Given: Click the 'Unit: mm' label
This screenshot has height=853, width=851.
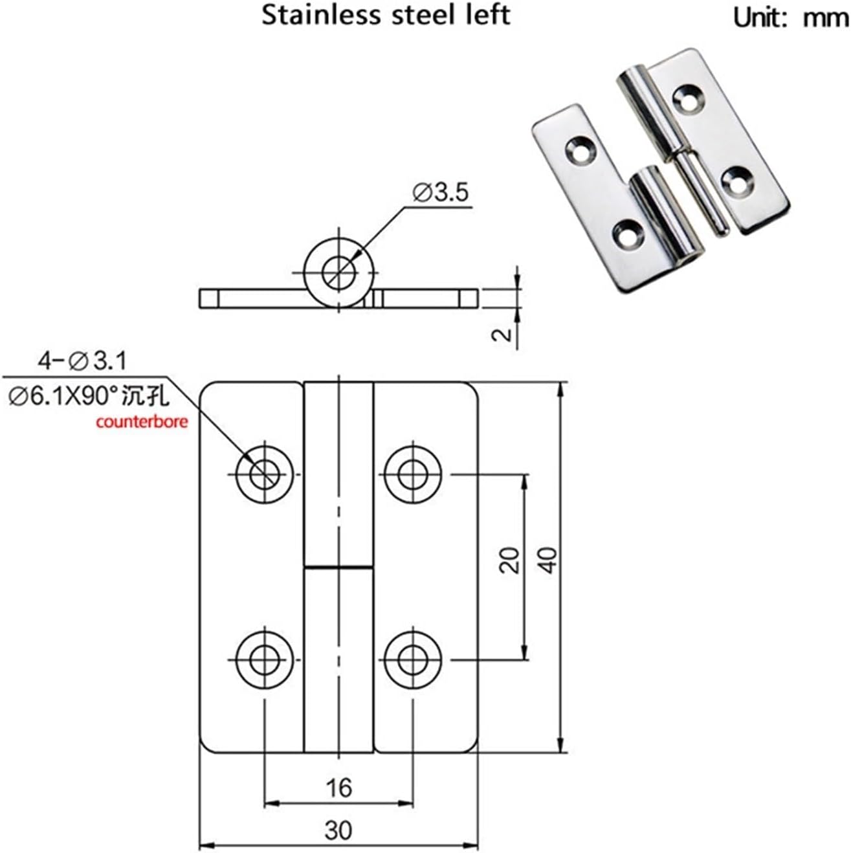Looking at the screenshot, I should point(790,18).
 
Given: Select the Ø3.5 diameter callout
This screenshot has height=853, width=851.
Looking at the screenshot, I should point(439,193).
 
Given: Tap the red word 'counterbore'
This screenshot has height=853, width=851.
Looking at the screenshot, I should point(142,423).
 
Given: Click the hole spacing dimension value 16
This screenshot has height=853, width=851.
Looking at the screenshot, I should point(338,788).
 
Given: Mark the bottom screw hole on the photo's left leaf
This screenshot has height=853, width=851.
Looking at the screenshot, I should point(626,234).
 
